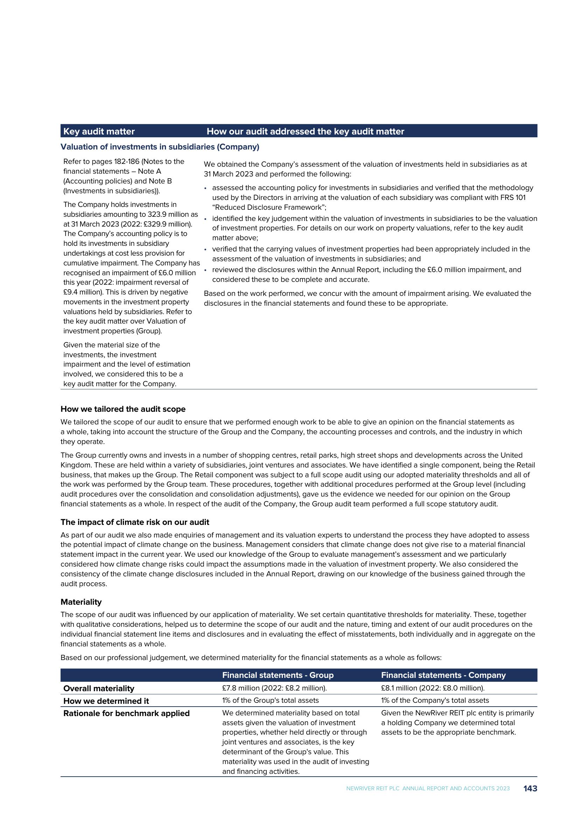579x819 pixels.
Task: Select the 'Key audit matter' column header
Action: pos(99,132)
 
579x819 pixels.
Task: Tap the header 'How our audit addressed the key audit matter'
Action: pos(305,132)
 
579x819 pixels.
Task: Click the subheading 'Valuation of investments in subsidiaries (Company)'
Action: pos(160,147)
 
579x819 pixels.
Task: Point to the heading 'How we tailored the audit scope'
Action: pos(123,409)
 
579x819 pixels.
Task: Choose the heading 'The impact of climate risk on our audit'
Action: pos(135,522)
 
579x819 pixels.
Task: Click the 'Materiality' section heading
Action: pos(81,602)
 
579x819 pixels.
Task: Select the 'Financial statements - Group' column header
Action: pos(278,675)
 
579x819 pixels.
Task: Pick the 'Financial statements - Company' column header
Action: pos(443,675)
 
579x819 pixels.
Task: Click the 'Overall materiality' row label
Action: pos(99,688)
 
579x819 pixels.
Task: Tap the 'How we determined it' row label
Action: pos(106,701)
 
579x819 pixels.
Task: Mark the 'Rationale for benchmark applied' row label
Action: pos(126,713)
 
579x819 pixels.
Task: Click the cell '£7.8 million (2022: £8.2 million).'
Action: pos(274,688)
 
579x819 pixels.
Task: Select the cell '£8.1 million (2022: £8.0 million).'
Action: pos(433,688)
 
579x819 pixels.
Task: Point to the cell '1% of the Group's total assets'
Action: pos(270,701)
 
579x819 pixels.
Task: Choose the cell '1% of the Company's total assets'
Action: pos(435,701)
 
